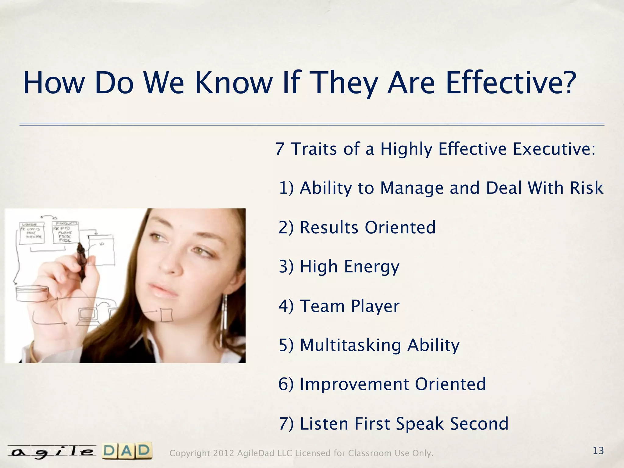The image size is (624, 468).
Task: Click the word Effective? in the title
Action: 510,83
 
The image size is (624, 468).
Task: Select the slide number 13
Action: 598,451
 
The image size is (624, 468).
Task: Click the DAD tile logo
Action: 127,451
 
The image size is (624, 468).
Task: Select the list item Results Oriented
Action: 357,227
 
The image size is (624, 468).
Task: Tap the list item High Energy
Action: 339,267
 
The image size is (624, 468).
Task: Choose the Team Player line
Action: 339,306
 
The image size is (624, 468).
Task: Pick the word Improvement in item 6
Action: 354,384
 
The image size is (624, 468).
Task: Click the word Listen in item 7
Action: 324,424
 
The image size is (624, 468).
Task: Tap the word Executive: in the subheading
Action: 554,149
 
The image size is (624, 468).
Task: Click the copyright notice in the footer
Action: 301,453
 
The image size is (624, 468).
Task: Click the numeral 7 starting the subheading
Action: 280,149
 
